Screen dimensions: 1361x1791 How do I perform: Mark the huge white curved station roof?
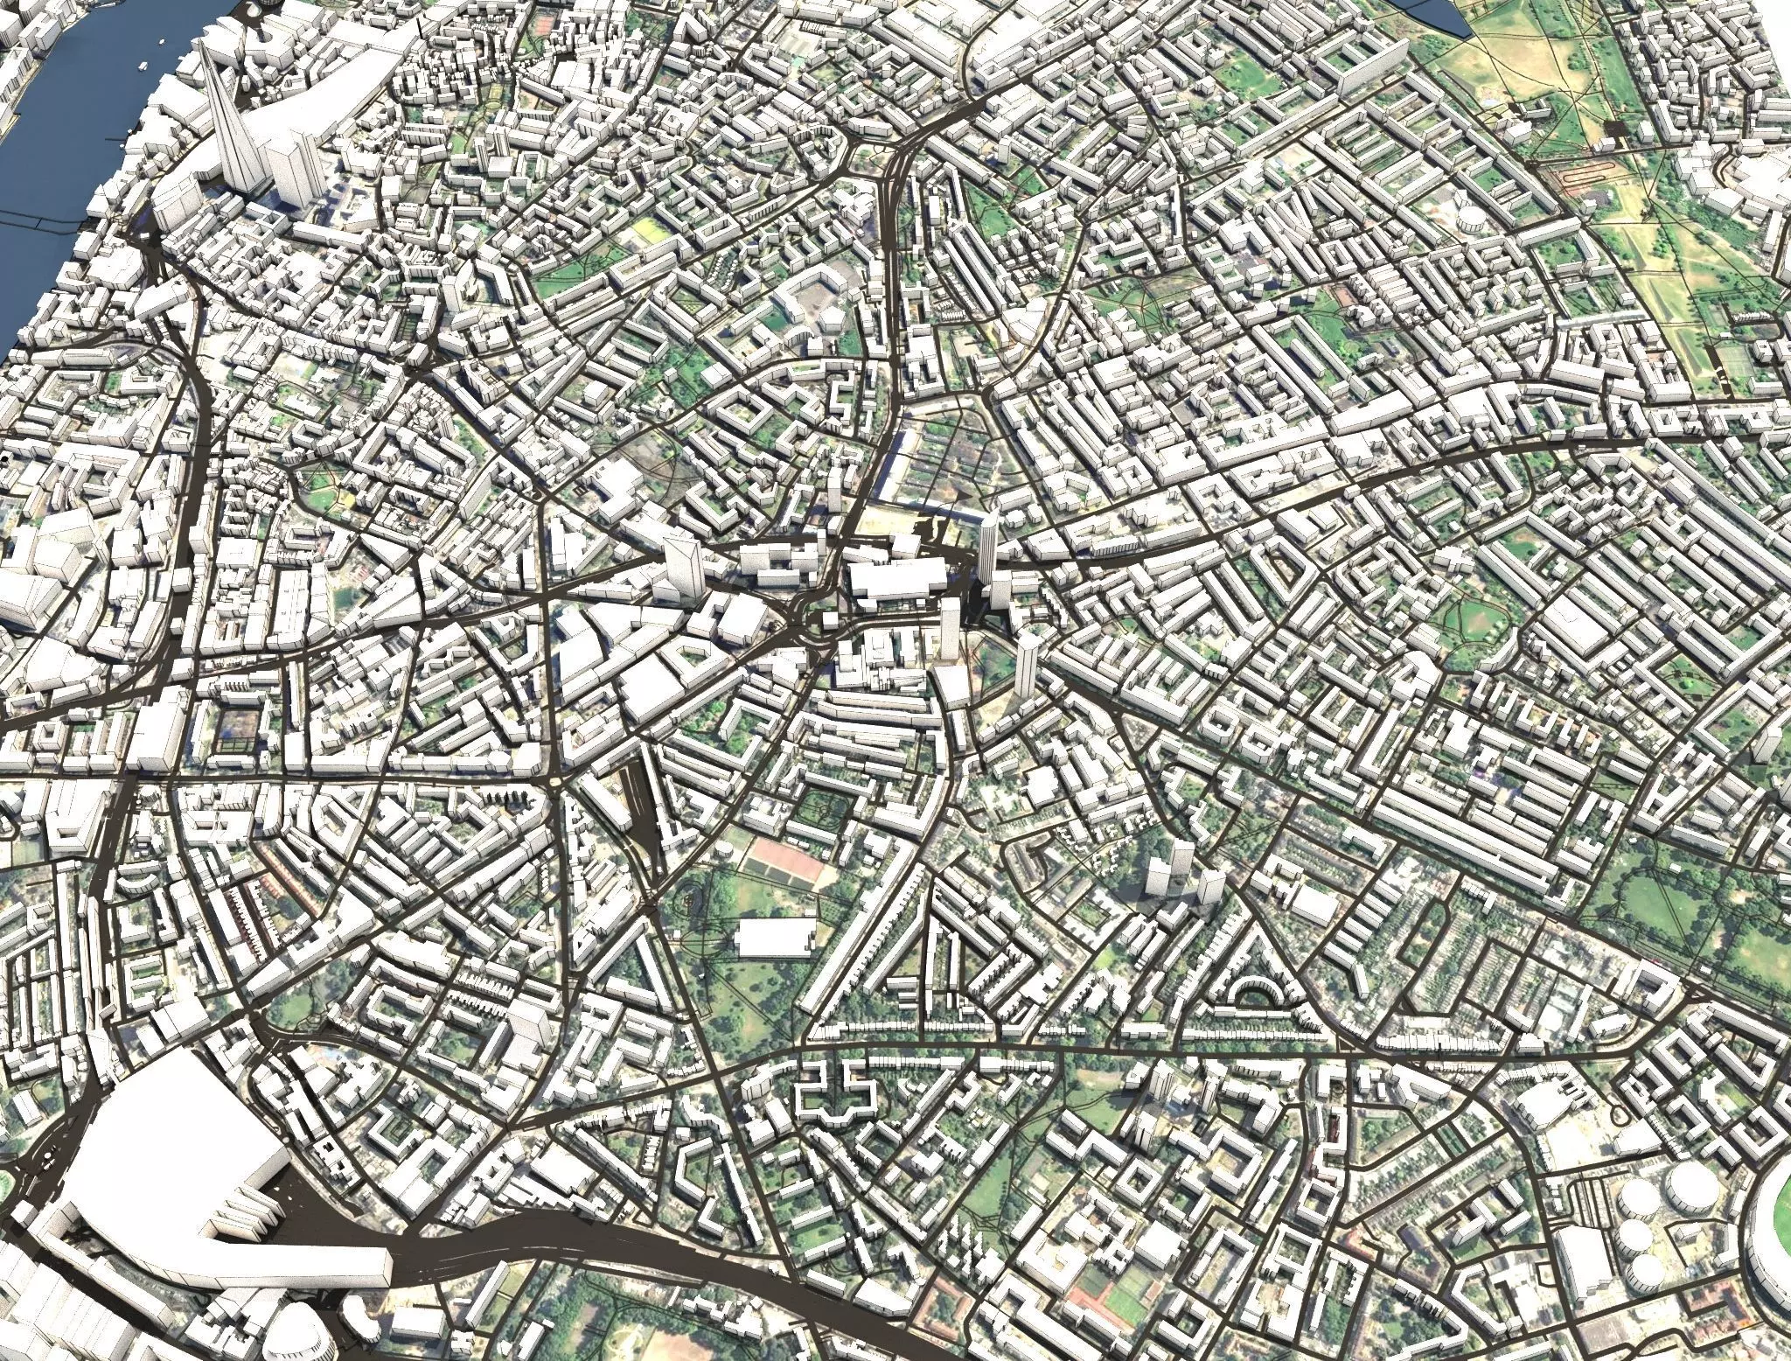click(175, 1163)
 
